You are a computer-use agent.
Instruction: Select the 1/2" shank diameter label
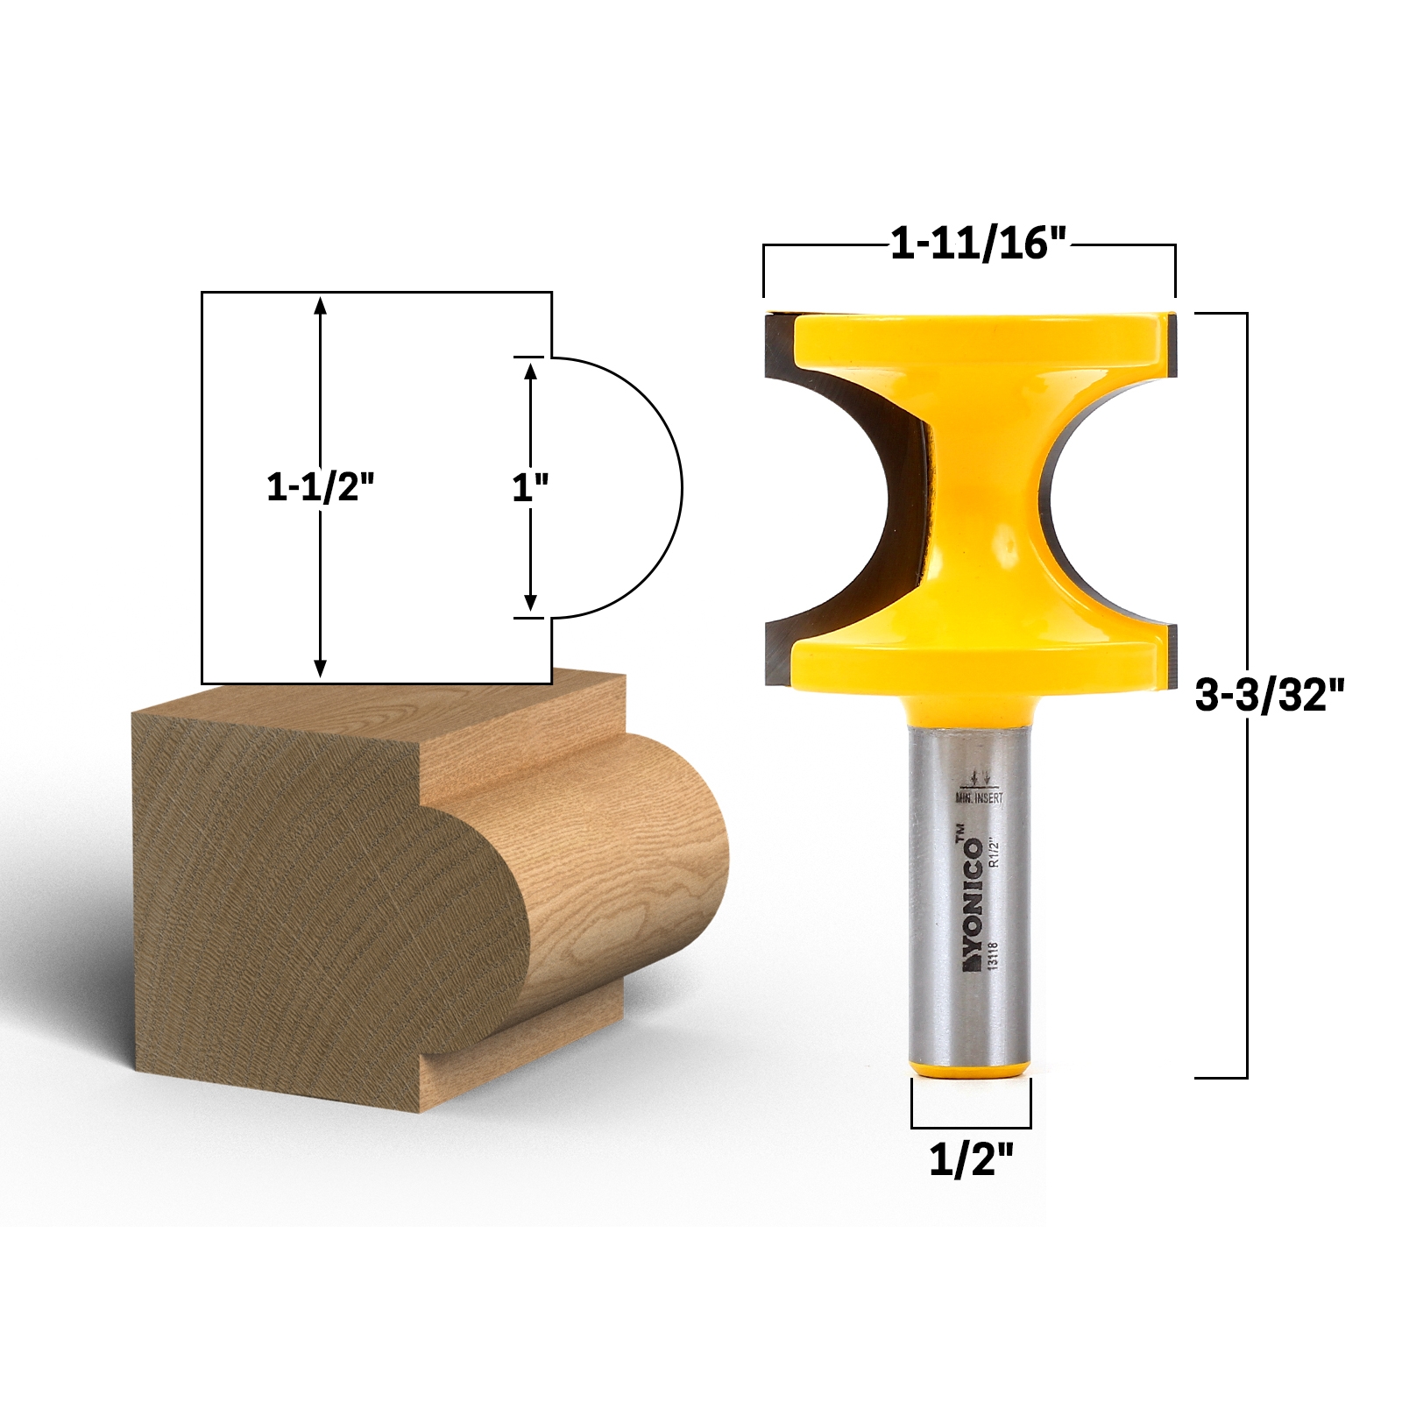pyautogui.click(x=971, y=1159)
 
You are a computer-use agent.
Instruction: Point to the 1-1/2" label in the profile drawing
pyautogui.click(x=321, y=486)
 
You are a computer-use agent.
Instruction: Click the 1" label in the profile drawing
pyautogui.click(x=530, y=486)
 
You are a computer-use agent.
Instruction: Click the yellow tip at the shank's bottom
pyautogui.click(x=970, y=1068)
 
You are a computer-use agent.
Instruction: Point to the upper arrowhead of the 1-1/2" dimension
pyautogui.click(x=321, y=305)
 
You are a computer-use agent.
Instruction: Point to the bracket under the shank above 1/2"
pyautogui.click(x=971, y=1127)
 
